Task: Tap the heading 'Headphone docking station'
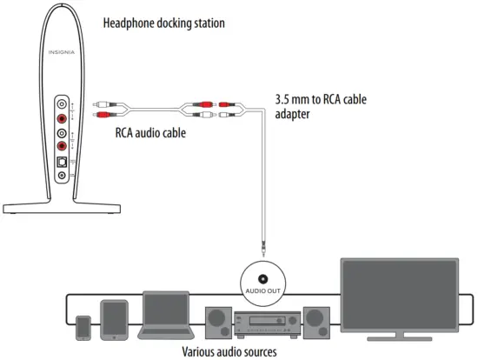[163, 23]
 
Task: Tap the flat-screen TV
[399, 296]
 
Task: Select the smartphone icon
[83, 328]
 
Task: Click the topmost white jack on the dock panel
[62, 103]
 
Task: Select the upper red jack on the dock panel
[62, 117]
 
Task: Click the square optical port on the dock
[62, 162]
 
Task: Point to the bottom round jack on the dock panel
[62, 176]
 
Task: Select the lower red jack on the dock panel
[62, 146]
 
